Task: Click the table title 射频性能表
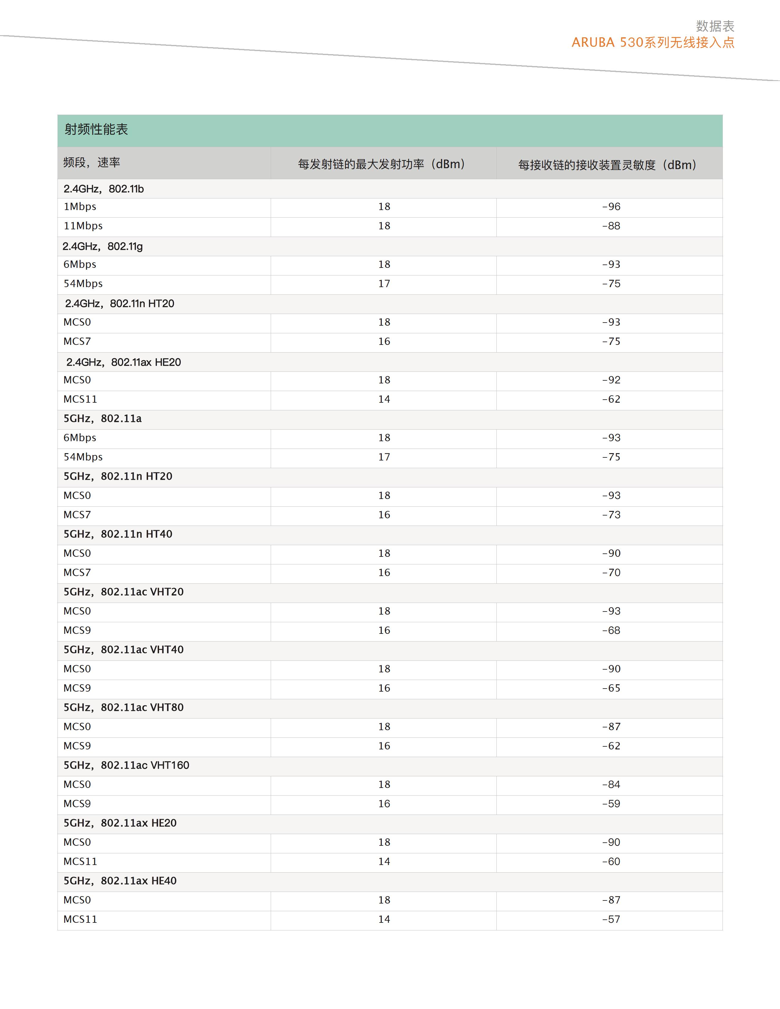(x=96, y=129)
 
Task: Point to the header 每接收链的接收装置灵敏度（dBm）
(x=607, y=165)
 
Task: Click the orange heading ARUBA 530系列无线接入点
(x=652, y=43)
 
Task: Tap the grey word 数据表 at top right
(x=715, y=26)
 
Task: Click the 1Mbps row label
(x=80, y=206)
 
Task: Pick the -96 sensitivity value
(x=611, y=206)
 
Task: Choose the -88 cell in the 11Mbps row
(x=611, y=226)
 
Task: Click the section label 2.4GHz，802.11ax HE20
(x=123, y=362)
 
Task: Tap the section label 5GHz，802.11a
(x=102, y=419)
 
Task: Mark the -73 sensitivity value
(x=611, y=515)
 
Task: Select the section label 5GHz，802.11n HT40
(x=118, y=534)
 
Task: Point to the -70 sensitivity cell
(x=611, y=572)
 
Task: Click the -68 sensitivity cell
(x=611, y=630)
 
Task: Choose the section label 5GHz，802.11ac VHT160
(x=126, y=765)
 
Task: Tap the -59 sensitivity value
(x=611, y=804)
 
